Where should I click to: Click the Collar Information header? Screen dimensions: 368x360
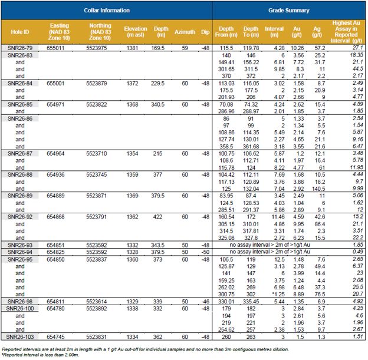(107, 11)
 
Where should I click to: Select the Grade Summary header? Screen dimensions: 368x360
(288, 11)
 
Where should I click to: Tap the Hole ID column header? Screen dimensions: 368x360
(20, 32)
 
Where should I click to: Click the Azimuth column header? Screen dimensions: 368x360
(185, 32)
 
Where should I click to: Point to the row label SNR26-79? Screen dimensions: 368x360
(20, 48)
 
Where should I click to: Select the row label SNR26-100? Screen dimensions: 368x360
(20, 308)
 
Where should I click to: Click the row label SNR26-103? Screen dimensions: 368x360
(20, 337)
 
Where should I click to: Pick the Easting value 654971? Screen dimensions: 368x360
(55, 104)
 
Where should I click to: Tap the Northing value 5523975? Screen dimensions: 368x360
(97, 48)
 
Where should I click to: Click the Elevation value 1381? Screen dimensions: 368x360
(132, 48)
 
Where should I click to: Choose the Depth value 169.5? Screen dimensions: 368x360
(157, 48)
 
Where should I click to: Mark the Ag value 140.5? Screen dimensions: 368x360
(318, 189)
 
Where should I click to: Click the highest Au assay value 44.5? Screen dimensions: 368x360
(357, 69)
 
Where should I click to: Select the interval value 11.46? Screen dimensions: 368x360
(278, 217)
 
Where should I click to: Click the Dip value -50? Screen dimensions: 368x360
(205, 252)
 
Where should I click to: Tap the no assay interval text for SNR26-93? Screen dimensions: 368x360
(270, 245)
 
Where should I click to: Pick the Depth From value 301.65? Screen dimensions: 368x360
(226, 69)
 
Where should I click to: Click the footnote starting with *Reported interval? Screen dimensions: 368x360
(40, 355)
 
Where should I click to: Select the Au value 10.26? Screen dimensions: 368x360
(297, 48)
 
